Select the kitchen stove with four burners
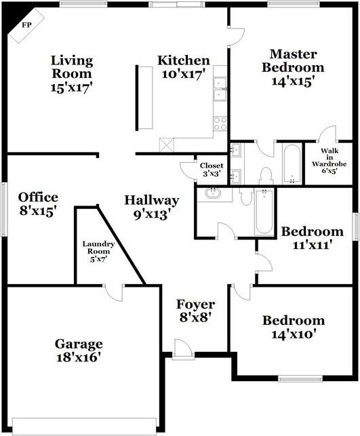[x=220, y=123]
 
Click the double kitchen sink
[x=220, y=90]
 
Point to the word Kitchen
[x=184, y=60]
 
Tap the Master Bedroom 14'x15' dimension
[x=297, y=82]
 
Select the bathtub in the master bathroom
[x=292, y=163]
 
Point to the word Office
[x=38, y=197]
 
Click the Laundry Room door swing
[x=115, y=292]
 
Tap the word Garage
[x=79, y=343]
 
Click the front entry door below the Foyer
[x=182, y=349]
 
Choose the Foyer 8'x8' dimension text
[x=196, y=318]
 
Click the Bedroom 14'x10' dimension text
[x=294, y=334]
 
